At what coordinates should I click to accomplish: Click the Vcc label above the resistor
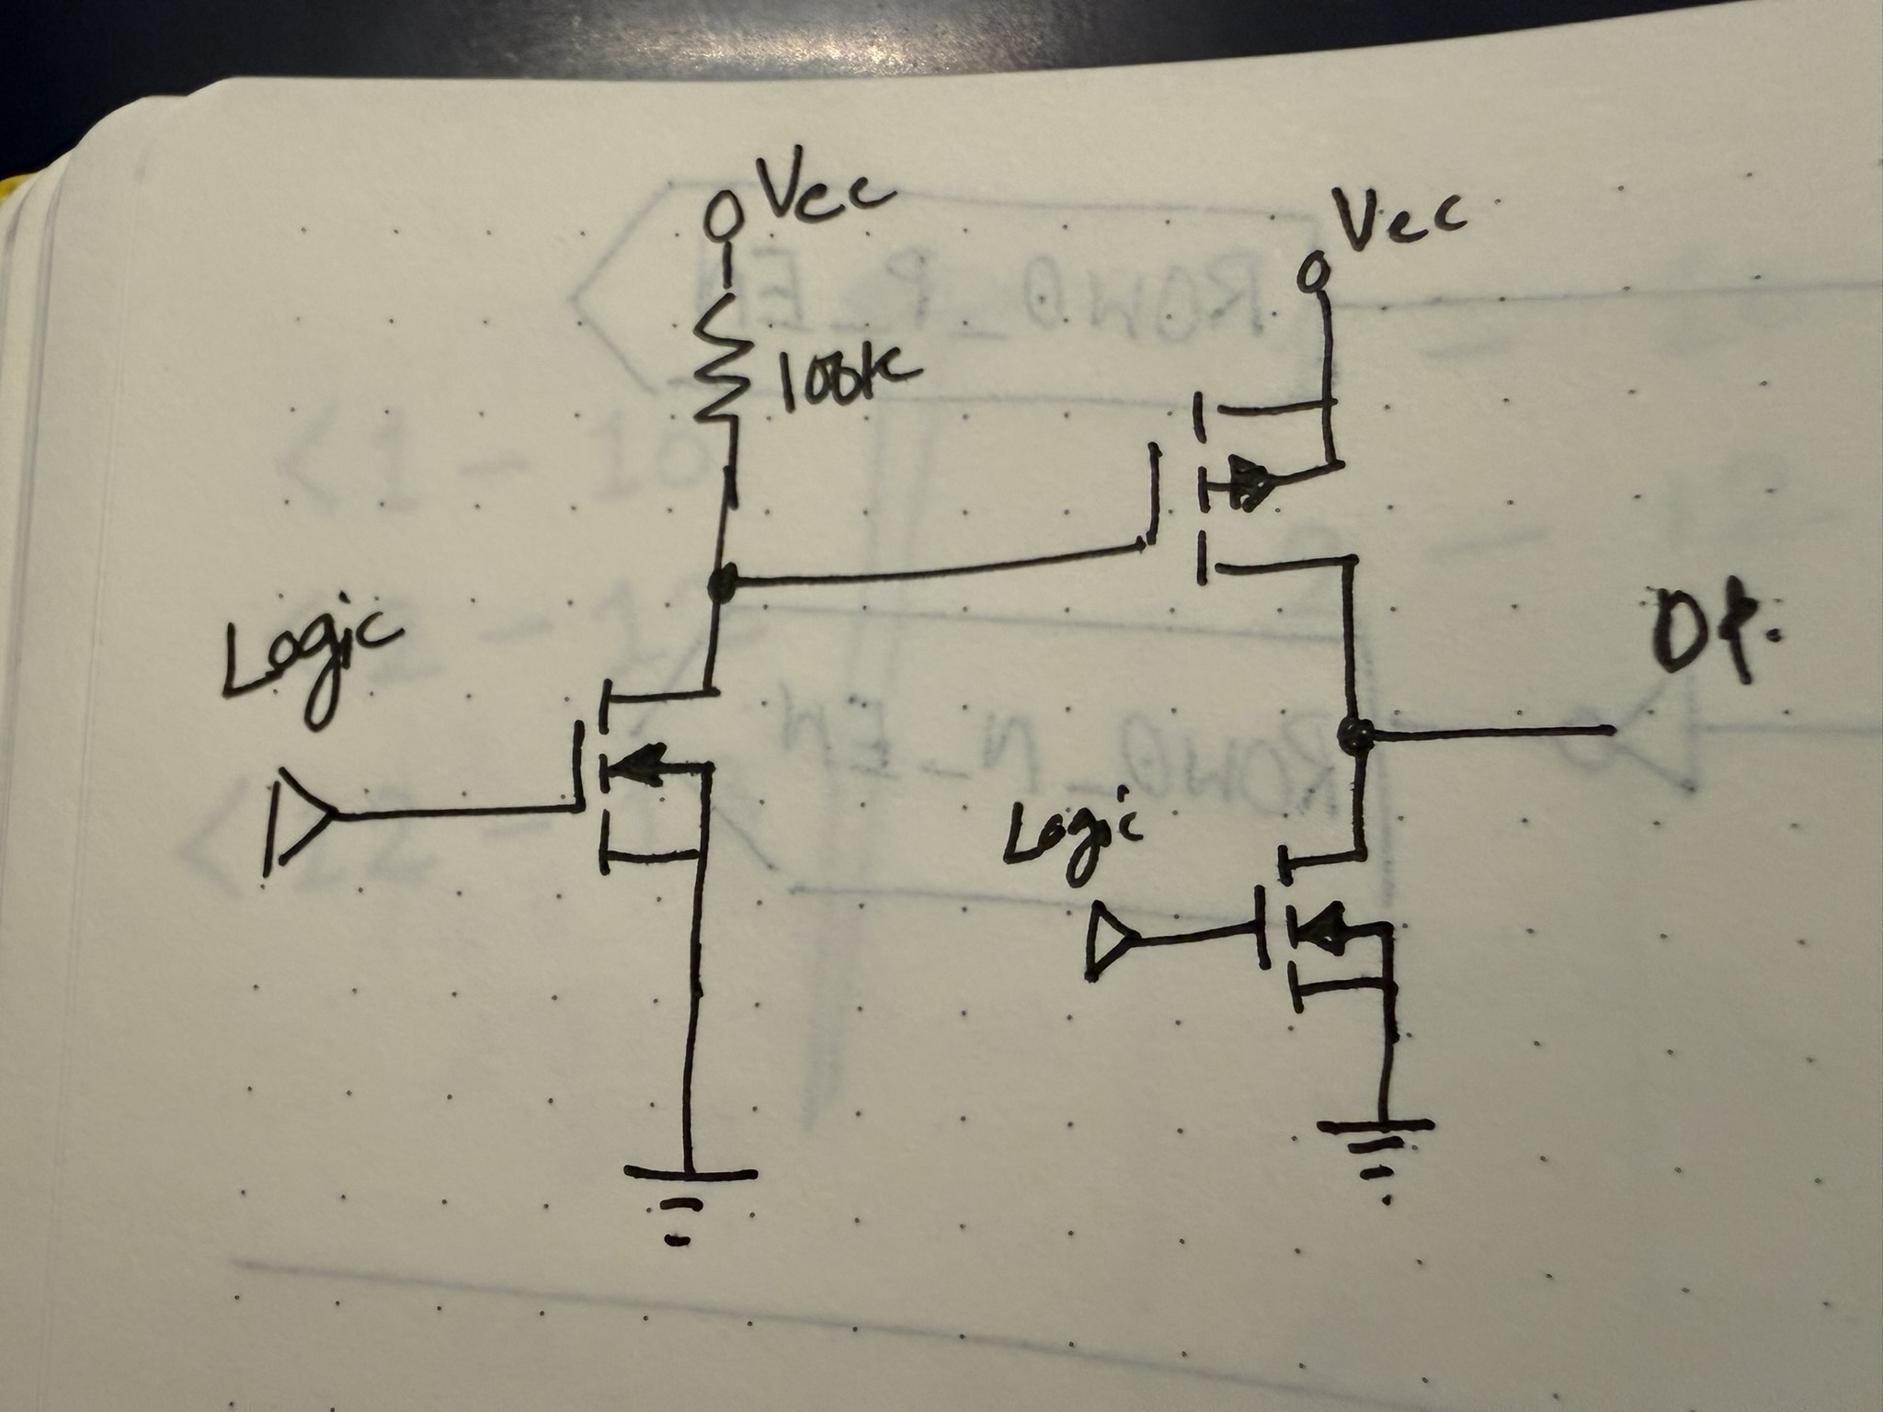tap(824, 192)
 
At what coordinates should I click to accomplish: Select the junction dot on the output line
tap(1354, 733)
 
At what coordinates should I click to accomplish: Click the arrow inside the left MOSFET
tap(644, 761)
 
